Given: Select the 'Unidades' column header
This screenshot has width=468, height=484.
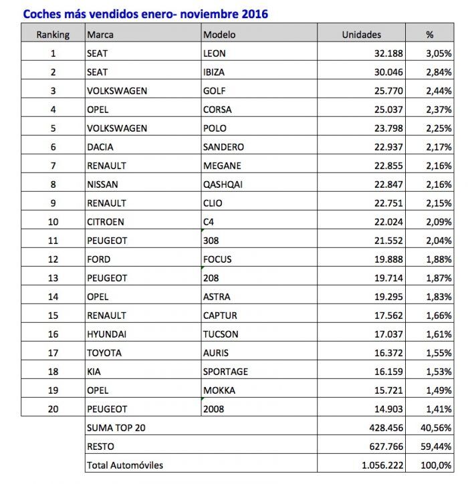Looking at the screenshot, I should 361,34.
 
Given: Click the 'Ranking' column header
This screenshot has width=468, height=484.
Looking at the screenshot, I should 53,34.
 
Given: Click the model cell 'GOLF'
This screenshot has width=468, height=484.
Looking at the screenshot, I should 215,90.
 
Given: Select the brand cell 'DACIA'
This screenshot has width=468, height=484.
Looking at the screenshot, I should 100,146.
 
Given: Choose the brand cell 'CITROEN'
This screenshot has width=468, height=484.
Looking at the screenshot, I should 106,221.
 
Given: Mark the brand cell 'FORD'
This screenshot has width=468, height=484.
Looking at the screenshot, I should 99,259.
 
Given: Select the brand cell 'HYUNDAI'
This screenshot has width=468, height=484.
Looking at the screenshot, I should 107,334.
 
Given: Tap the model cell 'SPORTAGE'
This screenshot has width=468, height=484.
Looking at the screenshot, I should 225,371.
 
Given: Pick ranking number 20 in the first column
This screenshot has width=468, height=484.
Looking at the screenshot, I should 53,408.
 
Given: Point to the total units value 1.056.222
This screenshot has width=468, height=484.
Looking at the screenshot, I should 372,465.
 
